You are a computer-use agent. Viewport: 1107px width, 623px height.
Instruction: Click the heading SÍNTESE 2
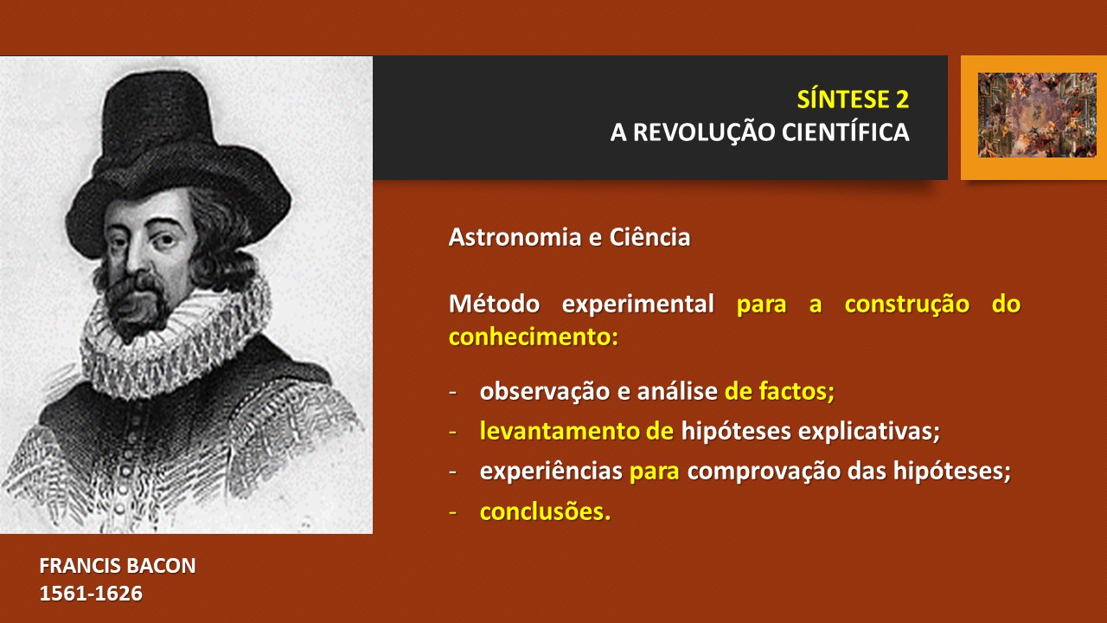tap(853, 99)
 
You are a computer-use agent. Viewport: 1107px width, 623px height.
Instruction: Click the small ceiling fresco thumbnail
tap(1037, 115)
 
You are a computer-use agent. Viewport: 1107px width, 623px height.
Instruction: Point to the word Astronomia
tap(515, 237)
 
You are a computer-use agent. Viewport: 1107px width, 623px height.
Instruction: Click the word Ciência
tap(649, 236)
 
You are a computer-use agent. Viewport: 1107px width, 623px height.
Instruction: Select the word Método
tap(494, 303)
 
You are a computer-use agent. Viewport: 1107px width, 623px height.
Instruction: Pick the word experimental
tap(637, 305)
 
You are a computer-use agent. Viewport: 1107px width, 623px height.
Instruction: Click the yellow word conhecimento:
tap(534, 337)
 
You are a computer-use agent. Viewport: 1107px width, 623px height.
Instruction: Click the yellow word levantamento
tap(559, 431)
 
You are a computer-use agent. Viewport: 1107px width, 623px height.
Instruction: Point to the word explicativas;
tap(869, 432)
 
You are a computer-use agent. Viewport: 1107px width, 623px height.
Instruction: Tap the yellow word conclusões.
tap(545, 511)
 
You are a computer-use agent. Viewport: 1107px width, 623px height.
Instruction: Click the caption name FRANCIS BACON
tap(118, 566)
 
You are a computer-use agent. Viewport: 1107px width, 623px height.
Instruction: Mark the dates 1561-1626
tap(91, 594)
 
